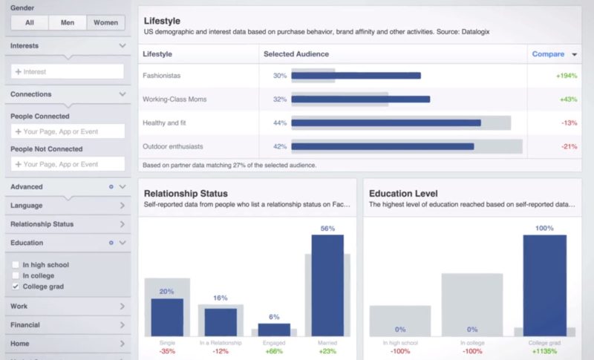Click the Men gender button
coord(68,22)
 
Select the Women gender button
coord(105,22)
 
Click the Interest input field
coord(68,71)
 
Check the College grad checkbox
coord(16,286)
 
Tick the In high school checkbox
coord(16,264)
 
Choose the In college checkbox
coord(16,275)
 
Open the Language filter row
coord(68,206)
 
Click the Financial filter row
coord(68,324)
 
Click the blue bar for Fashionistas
coord(356,76)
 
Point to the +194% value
coord(566,76)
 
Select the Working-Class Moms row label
coord(174,99)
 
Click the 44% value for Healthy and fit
coord(280,123)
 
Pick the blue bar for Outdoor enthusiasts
coord(382,146)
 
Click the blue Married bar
coord(327,285)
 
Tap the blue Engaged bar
coord(274,330)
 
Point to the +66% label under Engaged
coord(274,351)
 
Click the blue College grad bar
coord(544,285)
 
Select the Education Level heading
coord(403,193)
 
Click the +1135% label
coord(544,351)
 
